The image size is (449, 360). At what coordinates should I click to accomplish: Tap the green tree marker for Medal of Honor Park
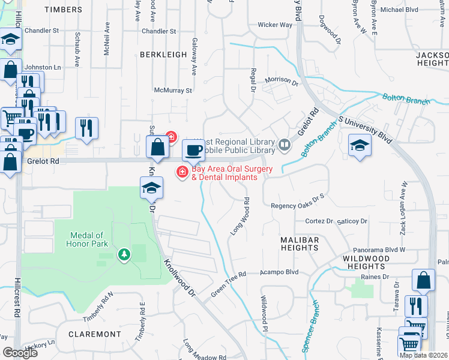click(x=124, y=255)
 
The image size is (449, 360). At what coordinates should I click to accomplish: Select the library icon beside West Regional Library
click(x=284, y=144)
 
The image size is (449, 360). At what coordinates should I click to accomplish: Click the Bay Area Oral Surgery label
click(x=229, y=173)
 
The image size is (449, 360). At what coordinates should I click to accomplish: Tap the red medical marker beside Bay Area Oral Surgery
click(x=181, y=173)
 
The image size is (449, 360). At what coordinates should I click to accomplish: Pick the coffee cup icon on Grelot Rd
click(x=193, y=150)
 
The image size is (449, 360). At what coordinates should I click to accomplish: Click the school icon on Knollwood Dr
click(x=151, y=188)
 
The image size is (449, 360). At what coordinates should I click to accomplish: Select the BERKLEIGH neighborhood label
click(x=163, y=55)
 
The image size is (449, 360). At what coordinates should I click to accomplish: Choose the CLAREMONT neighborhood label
click(x=95, y=334)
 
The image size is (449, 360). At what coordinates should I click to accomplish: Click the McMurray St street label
click(x=172, y=91)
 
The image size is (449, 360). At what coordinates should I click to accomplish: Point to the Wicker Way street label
click(x=275, y=25)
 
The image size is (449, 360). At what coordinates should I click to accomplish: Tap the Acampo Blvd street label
click(x=279, y=272)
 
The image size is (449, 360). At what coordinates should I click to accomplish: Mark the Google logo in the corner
click(x=20, y=353)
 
